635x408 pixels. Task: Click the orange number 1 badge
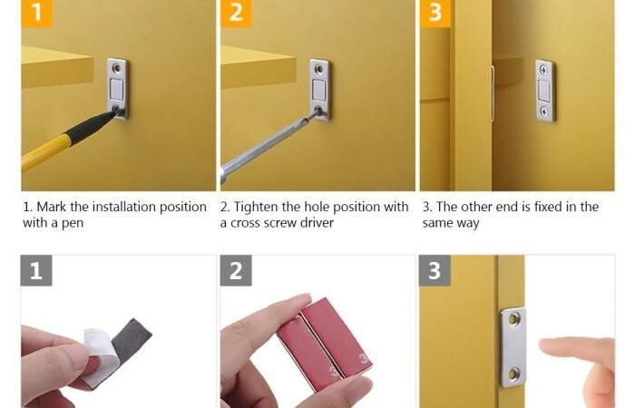click(37, 13)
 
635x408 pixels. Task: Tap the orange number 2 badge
click(236, 13)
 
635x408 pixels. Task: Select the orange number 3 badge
click(435, 13)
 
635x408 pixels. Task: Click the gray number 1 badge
click(36, 270)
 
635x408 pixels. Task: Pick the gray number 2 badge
click(236, 270)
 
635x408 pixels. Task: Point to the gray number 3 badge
click(435, 270)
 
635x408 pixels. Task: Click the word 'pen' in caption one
click(73, 223)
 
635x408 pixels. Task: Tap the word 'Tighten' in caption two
click(256, 208)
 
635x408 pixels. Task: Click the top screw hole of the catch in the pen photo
click(117, 68)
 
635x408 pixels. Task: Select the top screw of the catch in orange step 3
click(544, 70)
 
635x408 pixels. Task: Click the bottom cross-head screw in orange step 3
click(544, 112)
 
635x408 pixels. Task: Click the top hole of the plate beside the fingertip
click(514, 320)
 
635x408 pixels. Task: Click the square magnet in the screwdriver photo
click(319, 90)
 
